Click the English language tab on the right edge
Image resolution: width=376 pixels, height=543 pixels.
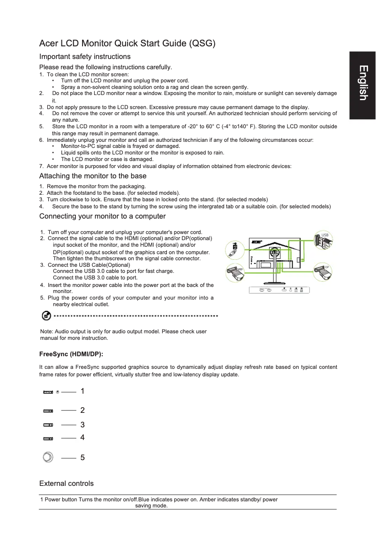tap(362, 83)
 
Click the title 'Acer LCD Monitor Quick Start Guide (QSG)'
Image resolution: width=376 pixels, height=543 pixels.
tap(128, 44)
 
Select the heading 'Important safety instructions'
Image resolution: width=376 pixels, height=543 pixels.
tap(85, 57)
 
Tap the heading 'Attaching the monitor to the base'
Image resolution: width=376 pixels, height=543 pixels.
tap(93, 176)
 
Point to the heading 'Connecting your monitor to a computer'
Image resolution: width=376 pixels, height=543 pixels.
tap(102, 216)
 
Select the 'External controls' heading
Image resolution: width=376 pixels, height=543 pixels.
tap(67, 483)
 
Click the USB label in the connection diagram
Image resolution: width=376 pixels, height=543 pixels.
tap(325, 235)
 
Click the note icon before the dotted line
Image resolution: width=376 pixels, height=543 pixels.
tap(46, 316)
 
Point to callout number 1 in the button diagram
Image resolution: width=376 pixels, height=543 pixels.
tap(83, 391)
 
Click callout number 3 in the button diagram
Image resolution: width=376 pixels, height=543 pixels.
tap(83, 425)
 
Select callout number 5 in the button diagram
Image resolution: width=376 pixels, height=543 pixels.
tap(83, 458)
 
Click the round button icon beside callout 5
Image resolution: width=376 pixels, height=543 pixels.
tap(48, 457)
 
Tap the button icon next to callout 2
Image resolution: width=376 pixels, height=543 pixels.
tap(48, 411)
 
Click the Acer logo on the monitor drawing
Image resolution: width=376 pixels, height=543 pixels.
tap(256, 242)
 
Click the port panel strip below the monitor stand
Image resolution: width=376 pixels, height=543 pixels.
tap(279, 290)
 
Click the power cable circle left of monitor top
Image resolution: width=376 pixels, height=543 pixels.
tap(234, 250)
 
